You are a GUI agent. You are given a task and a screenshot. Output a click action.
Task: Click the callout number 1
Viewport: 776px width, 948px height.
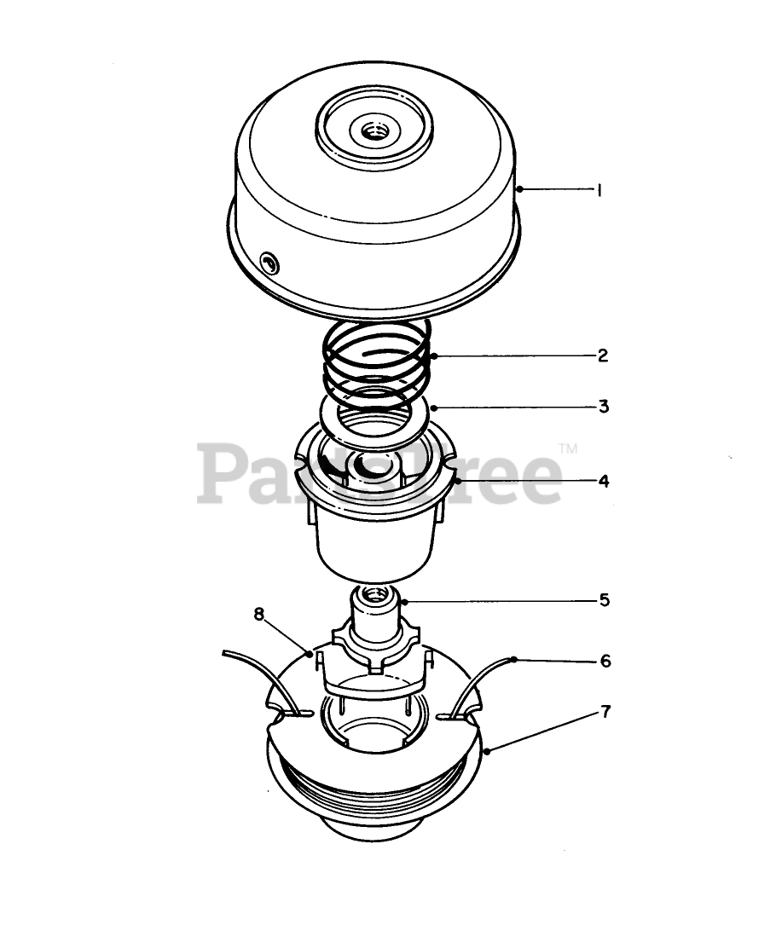599,190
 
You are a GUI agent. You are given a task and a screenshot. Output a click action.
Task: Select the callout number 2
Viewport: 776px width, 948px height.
603,355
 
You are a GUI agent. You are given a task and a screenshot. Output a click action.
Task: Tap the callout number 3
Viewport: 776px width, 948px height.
604,407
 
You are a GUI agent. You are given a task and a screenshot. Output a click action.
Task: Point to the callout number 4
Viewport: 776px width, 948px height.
604,482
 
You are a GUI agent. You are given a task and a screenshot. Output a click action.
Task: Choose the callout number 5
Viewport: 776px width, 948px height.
605,600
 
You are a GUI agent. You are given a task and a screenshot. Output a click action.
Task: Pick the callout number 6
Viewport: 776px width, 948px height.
605,661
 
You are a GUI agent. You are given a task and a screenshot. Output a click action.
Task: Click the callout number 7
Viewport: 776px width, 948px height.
606,712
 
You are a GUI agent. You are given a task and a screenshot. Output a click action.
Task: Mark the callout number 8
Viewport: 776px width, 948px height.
259,615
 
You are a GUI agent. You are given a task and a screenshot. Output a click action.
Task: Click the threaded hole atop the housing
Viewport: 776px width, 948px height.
374,130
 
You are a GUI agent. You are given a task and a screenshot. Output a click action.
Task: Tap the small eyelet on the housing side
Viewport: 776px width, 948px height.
269,263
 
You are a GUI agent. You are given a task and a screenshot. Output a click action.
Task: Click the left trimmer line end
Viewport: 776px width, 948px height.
225,653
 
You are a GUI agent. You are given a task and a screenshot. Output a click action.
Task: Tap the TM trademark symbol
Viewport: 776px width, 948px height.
568,448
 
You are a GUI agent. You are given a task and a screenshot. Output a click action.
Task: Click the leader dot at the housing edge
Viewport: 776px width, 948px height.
519,189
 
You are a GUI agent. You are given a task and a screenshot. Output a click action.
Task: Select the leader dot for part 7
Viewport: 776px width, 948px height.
486,752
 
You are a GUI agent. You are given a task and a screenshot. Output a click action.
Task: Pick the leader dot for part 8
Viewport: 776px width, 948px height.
310,654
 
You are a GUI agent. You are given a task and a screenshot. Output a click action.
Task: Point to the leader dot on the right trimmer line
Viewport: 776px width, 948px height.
514,659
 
